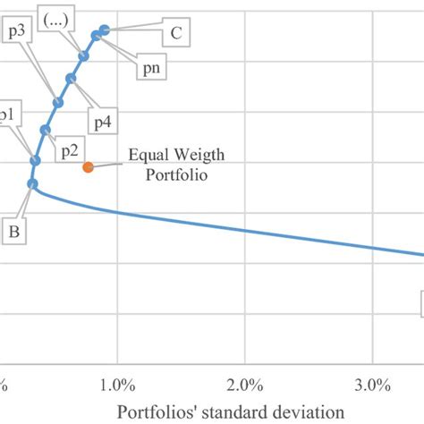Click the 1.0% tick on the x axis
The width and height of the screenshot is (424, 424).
tap(117, 386)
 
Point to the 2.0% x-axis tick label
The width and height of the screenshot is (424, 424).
tap(244, 386)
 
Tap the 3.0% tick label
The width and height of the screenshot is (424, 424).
tap(371, 386)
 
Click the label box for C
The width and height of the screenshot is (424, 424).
tap(175, 34)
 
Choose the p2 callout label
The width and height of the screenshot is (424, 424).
tap(70, 150)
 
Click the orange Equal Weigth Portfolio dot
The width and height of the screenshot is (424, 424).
tap(88, 167)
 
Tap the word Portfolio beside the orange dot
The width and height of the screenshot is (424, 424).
tap(175, 175)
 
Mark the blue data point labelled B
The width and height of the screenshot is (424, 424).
tap(33, 184)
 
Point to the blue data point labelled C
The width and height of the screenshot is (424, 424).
tap(104, 30)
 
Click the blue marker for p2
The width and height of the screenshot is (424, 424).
tap(46, 131)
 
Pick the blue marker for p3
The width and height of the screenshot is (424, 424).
tap(58, 103)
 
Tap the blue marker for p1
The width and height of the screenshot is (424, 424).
tap(36, 161)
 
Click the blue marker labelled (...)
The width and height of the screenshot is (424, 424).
tap(84, 56)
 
